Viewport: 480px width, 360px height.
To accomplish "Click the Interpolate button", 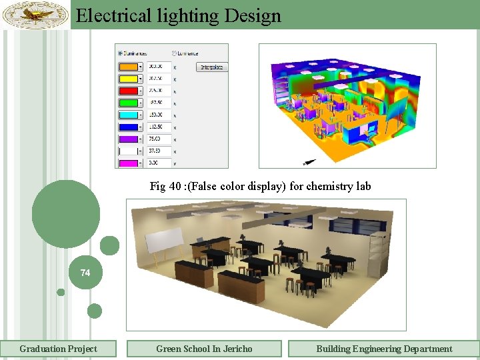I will pyautogui.click(x=213, y=67).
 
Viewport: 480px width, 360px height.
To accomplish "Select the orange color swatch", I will pyautogui.click(x=128, y=67).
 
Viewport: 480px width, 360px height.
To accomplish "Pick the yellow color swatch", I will pyautogui.click(x=128, y=79).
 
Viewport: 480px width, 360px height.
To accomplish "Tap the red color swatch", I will pyautogui.click(x=128, y=91).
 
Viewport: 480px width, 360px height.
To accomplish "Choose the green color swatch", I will pyautogui.click(x=128, y=103).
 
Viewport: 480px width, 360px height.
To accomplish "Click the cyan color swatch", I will pyautogui.click(x=128, y=115).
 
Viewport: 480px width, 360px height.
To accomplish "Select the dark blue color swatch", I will pyautogui.click(x=128, y=127).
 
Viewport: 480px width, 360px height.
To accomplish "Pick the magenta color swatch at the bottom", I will pyautogui.click(x=128, y=163).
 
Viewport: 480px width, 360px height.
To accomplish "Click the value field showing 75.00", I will pyautogui.click(x=158, y=139).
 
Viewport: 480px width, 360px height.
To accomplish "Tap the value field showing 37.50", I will pyautogui.click(x=158, y=151).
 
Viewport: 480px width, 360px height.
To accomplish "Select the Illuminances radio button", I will pyautogui.click(x=120, y=53).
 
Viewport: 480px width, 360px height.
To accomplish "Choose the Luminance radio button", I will pyautogui.click(x=175, y=53).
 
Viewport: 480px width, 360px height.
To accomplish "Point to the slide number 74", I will pyautogui.click(x=85, y=273).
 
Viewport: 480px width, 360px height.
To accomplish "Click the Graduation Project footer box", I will pyautogui.click(x=58, y=349).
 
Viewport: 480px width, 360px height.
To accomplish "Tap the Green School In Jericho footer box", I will pyautogui.click(x=204, y=349).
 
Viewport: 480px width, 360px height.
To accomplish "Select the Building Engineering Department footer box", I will pyautogui.click(x=383, y=349).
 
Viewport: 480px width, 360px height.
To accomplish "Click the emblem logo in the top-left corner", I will pyautogui.click(x=35, y=15).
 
